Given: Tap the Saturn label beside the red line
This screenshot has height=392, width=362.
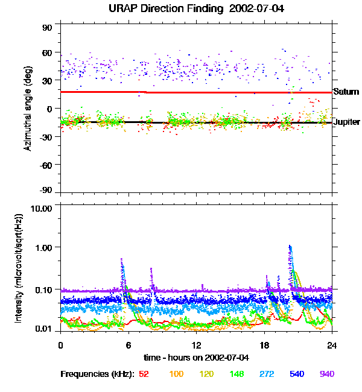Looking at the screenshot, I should (x=346, y=92).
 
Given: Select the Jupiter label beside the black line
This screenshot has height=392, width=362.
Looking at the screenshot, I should (x=346, y=122).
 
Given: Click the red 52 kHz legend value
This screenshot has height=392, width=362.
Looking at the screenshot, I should (x=144, y=375).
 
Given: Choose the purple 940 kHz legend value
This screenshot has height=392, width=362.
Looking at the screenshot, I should (x=326, y=375).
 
